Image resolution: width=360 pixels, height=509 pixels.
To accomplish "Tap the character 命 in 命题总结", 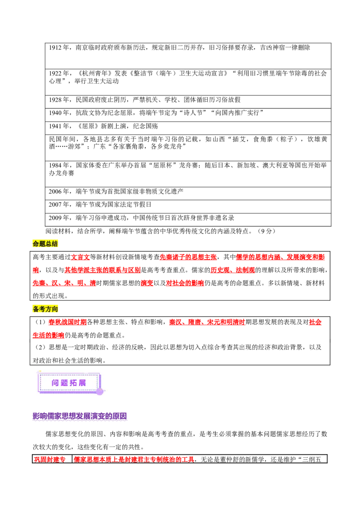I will click(x=36, y=244).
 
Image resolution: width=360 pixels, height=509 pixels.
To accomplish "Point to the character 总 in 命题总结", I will click(x=49, y=244).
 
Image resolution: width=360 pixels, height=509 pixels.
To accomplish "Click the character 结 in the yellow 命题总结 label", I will click(x=55, y=244).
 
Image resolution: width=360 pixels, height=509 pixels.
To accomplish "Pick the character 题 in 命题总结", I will click(x=42, y=244).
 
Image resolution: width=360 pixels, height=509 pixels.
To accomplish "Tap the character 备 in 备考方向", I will click(x=36, y=309).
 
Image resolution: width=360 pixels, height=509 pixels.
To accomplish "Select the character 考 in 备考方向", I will click(x=42, y=309).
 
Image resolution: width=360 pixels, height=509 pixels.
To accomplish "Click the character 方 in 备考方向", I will click(x=49, y=309).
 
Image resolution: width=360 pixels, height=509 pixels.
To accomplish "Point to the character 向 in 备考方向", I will click(x=55, y=309).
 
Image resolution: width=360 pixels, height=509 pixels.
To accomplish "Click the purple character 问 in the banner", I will click(x=55, y=383).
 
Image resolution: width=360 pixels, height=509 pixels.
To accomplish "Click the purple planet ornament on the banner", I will click(x=99, y=392).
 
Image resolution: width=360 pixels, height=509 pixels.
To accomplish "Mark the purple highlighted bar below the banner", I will click(x=80, y=416).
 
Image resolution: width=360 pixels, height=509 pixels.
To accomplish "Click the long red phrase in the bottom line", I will click(x=134, y=459).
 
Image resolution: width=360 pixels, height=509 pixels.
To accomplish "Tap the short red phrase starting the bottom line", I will click(x=49, y=459).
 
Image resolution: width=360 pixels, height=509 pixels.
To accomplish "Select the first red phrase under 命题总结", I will click(x=81, y=258).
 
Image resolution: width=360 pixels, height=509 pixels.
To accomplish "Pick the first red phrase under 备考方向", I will click(x=67, y=322).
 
